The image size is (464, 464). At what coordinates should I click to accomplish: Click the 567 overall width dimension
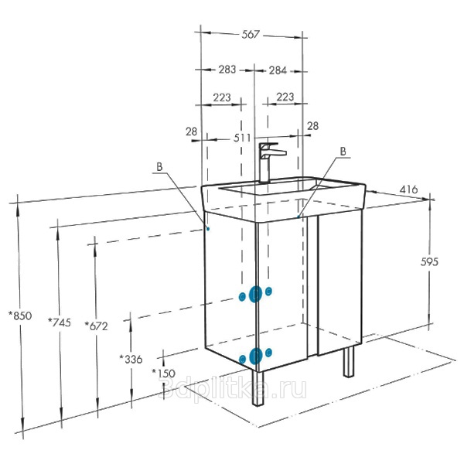coord(251,35)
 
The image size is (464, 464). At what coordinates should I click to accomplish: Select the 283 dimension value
coord(227,70)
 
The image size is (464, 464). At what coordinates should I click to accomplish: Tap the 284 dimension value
coord(278,70)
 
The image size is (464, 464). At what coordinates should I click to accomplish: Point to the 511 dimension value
coord(242,138)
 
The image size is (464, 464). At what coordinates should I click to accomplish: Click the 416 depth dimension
coord(408,189)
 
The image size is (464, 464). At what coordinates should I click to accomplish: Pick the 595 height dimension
coord(429,261)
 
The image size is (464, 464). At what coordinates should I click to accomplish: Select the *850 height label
coord(20,316)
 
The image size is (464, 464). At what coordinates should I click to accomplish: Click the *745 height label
coord(60,322)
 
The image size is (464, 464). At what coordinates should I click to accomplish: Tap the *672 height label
coord(97,326)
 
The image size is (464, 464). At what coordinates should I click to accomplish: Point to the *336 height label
coord(131,360)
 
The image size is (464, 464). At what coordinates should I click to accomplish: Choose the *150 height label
coord(164,373)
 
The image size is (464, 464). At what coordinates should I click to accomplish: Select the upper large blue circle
coord(255,294)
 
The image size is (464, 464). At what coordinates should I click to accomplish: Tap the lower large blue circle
coord(256,356)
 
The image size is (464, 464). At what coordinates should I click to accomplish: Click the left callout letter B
coord(159,167)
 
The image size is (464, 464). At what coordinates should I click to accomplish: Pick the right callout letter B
coord(343,152)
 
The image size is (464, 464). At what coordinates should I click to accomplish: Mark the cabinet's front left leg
coord(258,388)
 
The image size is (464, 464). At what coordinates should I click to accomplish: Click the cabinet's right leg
coord(349,362)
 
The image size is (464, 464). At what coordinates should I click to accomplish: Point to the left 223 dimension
coord(222,97)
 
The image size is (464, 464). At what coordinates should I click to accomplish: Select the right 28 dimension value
coord(312,126)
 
